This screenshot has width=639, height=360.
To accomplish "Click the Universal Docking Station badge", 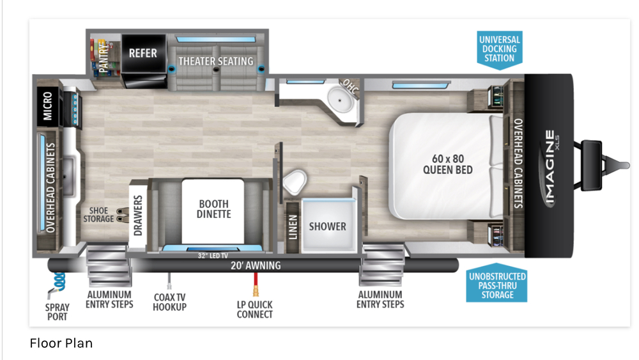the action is pos(500,49).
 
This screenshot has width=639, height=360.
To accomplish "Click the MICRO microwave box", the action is pos(48,106).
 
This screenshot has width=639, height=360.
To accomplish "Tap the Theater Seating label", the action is pos(215,61).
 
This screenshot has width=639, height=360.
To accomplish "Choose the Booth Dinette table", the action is pos(213,211).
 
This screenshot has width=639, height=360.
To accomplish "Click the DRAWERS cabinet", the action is pos(138,215).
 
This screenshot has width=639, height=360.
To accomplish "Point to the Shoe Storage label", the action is pos(98,215).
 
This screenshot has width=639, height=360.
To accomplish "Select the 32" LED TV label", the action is pos(213,256).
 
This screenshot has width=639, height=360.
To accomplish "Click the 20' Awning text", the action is pos(256,266).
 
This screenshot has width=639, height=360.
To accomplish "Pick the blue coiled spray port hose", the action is pos(60,281).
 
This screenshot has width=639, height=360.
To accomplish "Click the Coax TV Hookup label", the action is pos(169,302).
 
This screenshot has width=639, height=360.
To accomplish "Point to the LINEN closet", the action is pos(293,227).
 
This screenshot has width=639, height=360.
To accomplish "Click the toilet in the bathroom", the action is pos(294,182).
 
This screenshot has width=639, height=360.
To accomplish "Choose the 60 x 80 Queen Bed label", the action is pos(447,164).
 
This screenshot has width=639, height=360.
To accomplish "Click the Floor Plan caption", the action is pos(61,343).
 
